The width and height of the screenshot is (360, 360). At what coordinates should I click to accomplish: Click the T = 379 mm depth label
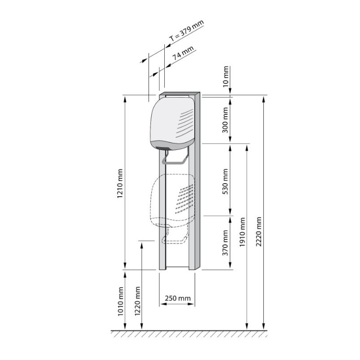tap(186, 31)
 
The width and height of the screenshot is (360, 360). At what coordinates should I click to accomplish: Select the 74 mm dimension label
tap(183, 53)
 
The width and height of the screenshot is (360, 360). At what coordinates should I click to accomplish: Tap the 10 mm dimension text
tap(226, 76)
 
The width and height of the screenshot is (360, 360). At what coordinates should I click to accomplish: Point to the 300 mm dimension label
tap(225, 120)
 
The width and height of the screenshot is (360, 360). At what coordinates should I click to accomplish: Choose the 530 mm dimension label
tap(225, 181)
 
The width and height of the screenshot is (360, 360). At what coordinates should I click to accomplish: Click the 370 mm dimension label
tap(225, 243)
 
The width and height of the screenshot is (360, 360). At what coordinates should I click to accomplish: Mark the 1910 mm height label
tap(242, 232)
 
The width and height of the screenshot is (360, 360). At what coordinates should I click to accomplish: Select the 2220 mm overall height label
tap(258, 231)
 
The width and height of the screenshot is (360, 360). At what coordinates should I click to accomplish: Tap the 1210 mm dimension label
tap(120, 184)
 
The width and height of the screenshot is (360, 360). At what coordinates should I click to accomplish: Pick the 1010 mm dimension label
tap(121, 301)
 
